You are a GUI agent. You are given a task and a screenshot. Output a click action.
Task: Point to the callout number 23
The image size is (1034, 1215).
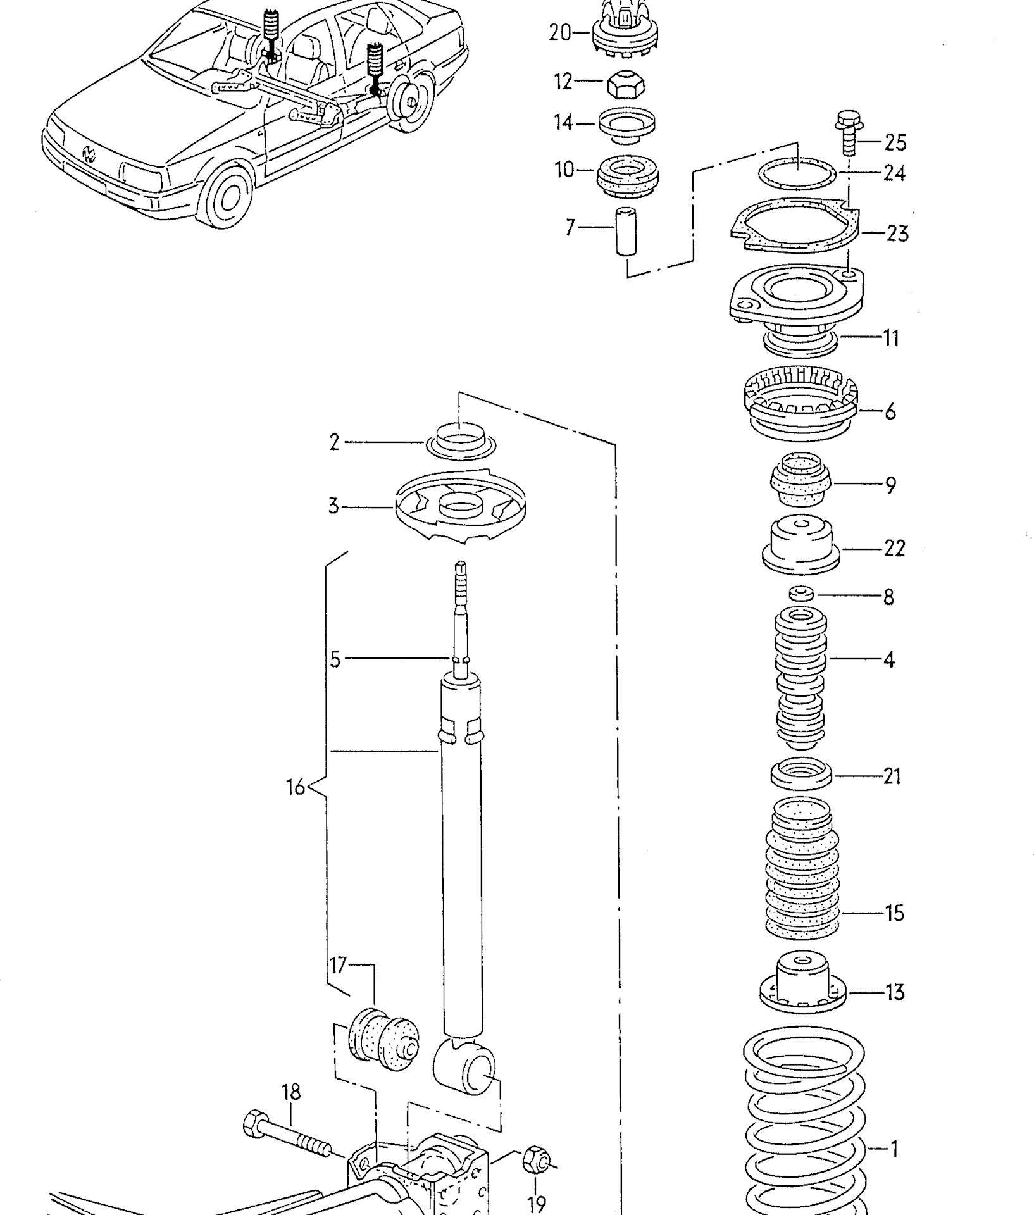click(x=897, y=234)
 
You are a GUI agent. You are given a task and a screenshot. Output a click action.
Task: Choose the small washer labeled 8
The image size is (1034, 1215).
click(x=801, y=594)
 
